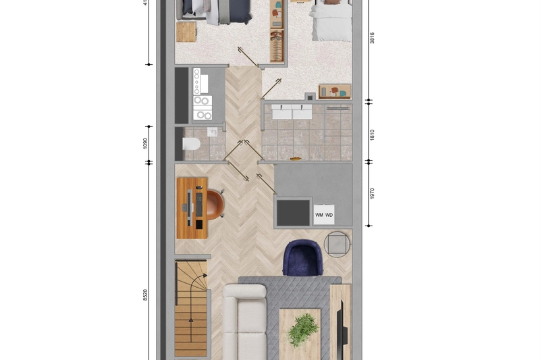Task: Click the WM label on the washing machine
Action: pyautogui.click(x=319, y=215)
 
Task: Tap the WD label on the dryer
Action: pyautogui.click(x=329, y=215)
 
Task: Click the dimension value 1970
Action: pyautogui.click(x=372, y=194)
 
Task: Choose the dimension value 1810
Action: pyautogui.click(x=372, y=134)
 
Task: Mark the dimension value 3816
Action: pyautogui.click(x=372, y=38)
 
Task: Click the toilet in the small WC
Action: pyautogui.click(x=191, y=144)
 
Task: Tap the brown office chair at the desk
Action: pyautogui.click(x=215, y=205)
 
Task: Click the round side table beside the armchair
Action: pyautogui.click(x=337, y=243)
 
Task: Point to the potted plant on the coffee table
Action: pyautogui.click(x=302, y=330)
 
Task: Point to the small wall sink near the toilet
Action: pyautogui.click(x=213, y=132)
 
